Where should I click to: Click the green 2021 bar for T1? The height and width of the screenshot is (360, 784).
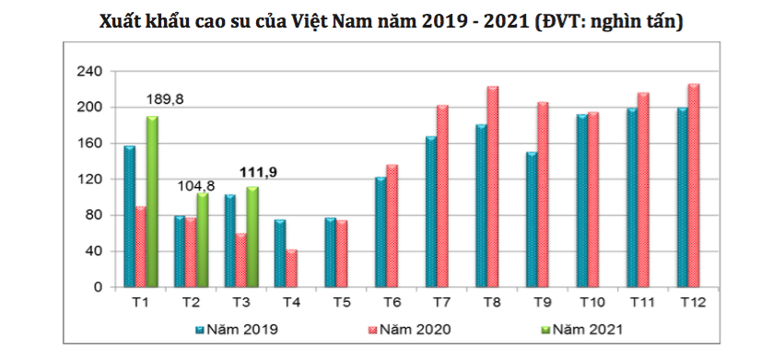[x=151, y=202]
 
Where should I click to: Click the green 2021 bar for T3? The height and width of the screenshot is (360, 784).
[x=252, y=237]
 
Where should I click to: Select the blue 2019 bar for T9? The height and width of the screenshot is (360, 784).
[x=532, y=219]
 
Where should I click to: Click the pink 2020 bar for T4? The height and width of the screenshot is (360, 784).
[x=291, y=268]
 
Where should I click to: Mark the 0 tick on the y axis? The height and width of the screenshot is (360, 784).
[x=97, y=287]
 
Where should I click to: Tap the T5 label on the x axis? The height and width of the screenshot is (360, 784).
[x=342, y=302]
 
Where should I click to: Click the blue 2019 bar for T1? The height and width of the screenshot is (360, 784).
[x=129, y=216]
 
